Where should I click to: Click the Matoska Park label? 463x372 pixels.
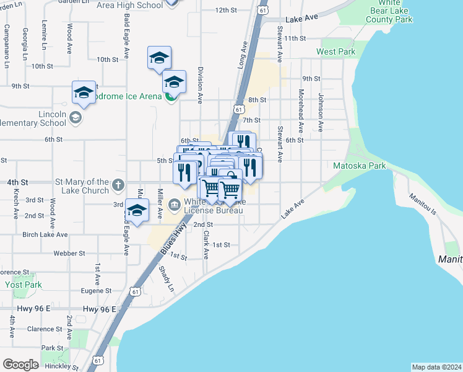[360, 166]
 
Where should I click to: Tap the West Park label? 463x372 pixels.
[336, 51]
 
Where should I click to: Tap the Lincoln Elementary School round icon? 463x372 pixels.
[76, 118]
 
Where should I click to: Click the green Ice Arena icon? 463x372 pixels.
[171, 96]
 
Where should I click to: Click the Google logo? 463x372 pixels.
[20, 364]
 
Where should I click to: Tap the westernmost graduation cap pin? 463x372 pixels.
[84, 93]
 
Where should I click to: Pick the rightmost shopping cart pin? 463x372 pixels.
[230, 190]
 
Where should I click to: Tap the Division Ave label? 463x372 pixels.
[200, 85]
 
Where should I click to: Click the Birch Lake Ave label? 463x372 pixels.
[45, 235]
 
